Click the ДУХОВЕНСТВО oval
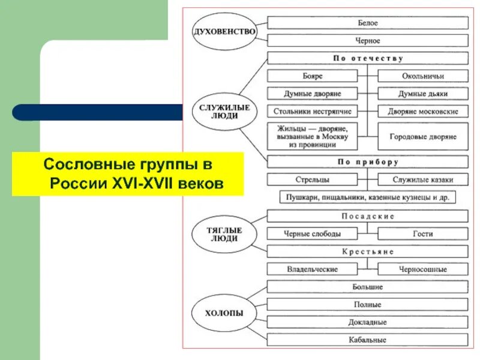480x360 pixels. (224, 32)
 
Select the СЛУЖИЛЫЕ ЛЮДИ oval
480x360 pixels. (224, 112)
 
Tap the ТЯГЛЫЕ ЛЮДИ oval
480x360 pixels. (224, 234)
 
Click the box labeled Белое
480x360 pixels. (368, 23)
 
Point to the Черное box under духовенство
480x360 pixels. (368, 41)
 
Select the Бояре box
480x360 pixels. (312, 76)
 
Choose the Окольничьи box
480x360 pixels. (423, 76)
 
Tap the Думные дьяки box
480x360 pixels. (423, 94)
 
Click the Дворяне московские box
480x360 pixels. (423, 112)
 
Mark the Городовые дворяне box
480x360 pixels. (423, 137)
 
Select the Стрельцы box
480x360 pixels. (312, 179)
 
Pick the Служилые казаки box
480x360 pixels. (423, 179)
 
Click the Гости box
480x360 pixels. (423, 234)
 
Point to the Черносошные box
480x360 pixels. (423, 269)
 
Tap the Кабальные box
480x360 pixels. (368, 340)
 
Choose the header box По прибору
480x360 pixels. (368, 162)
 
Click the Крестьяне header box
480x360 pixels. (368, 251)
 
